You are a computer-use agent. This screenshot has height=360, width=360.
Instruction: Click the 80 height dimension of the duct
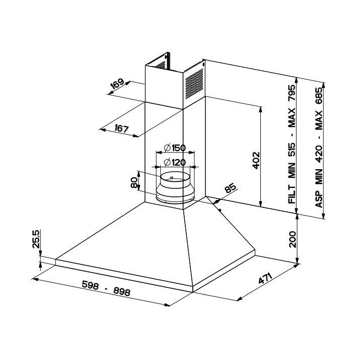click(134, 182)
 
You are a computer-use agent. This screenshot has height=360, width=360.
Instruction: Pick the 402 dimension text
click(256, 160)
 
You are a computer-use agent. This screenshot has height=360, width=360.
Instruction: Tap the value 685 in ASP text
click(319, 92)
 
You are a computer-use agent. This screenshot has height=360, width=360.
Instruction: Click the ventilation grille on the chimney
click(193, 83)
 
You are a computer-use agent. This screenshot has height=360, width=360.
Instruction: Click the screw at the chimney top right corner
click(202, 64)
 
